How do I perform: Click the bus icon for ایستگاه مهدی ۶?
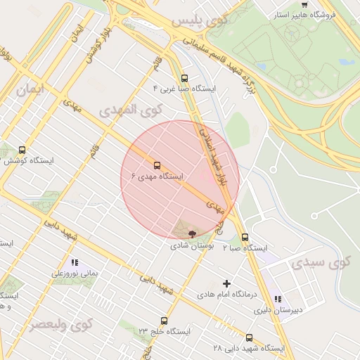pos(156,166)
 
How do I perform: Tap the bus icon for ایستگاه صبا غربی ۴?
pos(185,79)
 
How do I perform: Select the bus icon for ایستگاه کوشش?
pos(22,150)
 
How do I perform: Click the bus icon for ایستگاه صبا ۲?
pos(245,238)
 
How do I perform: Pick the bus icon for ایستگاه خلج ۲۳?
pos(164,321)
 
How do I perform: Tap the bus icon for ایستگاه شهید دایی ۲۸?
pos(249,337)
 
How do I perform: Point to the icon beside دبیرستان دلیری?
pos(278,298)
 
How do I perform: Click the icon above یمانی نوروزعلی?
pos(74,263)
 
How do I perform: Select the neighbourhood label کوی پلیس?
pos(200,20)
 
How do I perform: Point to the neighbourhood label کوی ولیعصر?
pos(60,325)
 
